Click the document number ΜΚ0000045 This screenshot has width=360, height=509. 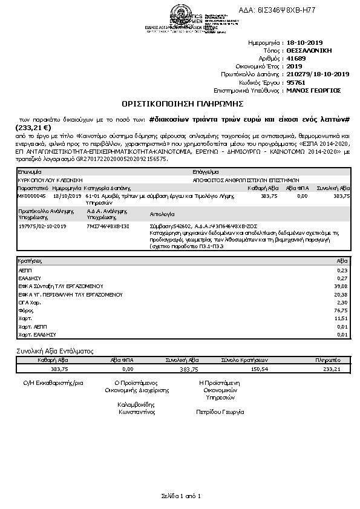31,196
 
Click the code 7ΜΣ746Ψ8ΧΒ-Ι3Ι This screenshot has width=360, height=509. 108,225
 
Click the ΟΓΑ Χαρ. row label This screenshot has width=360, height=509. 30,302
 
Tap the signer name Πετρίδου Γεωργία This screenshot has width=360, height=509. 220,412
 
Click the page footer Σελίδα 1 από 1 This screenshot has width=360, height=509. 180,496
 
